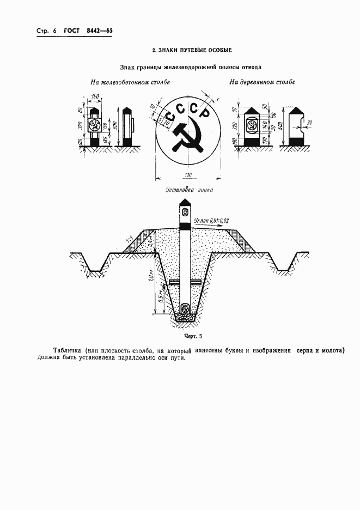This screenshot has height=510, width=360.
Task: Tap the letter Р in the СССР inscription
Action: (204, 114)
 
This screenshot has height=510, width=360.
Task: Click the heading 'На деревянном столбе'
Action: (262, 83)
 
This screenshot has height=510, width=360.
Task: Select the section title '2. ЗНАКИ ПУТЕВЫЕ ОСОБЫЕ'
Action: (192, 50)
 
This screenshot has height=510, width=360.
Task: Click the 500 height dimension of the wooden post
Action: (280, 127)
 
